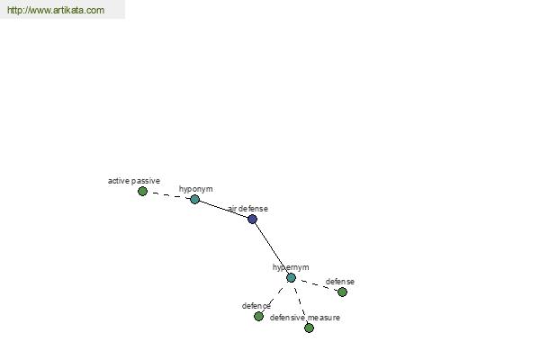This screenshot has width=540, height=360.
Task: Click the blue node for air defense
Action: pyautogui.click(x=252, y=219)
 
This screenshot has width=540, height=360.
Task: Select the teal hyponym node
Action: pyautogui.click(x=195, y=199)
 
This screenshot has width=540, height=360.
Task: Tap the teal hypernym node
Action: pyautogui.click(x=291, y=278)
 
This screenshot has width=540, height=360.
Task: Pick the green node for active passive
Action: pyautogui.click(x=142, y=191)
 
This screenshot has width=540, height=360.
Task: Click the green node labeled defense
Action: pyautogui.click(x=342, y=292)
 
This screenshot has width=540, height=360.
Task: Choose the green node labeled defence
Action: pyautogui.click(x=258, y=316)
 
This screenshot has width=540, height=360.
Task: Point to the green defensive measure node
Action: pyautogui.click(x=310, y=328)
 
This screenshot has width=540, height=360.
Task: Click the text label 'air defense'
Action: pyautogui.click(x=248, y=209)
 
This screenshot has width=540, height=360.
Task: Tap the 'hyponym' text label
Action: pyautogui.click(x=195, y=189)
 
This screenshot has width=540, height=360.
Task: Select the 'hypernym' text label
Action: pyautogui.click(x=291, y=267)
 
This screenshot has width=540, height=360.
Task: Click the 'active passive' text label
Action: pyautogui.click(x=134, y=181)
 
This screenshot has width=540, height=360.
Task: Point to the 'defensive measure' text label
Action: pyautogui.click(x=305, y=318)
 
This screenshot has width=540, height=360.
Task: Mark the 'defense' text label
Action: pyautogui.click(x=340, y=282)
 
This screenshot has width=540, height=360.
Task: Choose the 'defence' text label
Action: pyautogui.click(x=256, y=306)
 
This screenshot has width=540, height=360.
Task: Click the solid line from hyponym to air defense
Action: pyautogui.click(x=223, y=209)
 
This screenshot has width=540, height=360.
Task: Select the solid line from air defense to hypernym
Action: pyautogui.click(x=272, y=248)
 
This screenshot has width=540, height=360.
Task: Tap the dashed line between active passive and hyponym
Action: pyautogui.click(x=169, y=195)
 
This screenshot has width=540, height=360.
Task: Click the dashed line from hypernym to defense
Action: pyautogui.click(x=317, y=285)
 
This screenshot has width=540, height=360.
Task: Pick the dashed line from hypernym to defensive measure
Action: pyautogui.click(x=301, y=302)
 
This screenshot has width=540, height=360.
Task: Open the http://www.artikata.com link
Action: pyautogui.click(x=56, y=10)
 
